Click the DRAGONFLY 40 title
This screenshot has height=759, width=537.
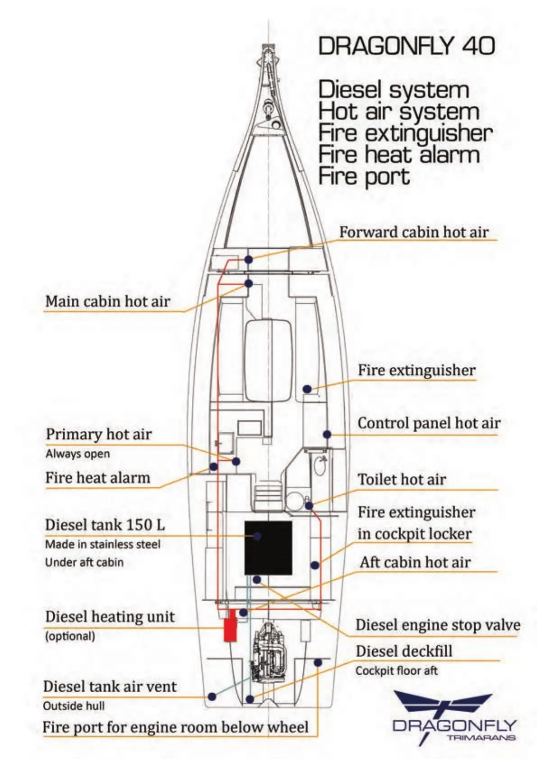[x=406, y=46]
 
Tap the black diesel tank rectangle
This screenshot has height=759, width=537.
[x=268, y=548]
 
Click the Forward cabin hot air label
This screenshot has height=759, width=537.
[x=414, y=232]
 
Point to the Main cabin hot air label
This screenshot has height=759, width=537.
[x=108, y=301]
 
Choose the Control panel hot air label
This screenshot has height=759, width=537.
[x=429, y=423]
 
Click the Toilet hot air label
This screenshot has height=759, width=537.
[x=402, y=479]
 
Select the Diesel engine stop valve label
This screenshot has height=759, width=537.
[x=438, y=625]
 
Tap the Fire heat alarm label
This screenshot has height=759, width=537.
[x=97, y=478]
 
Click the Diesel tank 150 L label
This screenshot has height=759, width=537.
[x=105, y=525]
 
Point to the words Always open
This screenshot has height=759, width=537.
[x=78, y=454]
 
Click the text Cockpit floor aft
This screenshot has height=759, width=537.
[x=396, y=671]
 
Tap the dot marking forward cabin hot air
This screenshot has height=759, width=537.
[x=249, y=260]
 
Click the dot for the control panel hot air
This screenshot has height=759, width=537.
[x=327, y=434]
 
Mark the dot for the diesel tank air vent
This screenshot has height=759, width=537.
[x=212, y=697]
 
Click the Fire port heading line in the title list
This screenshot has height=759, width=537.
[x=364, y=176]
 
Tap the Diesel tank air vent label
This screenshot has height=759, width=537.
[x=110, y=686]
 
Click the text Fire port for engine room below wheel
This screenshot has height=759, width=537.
[x=175, y=727]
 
